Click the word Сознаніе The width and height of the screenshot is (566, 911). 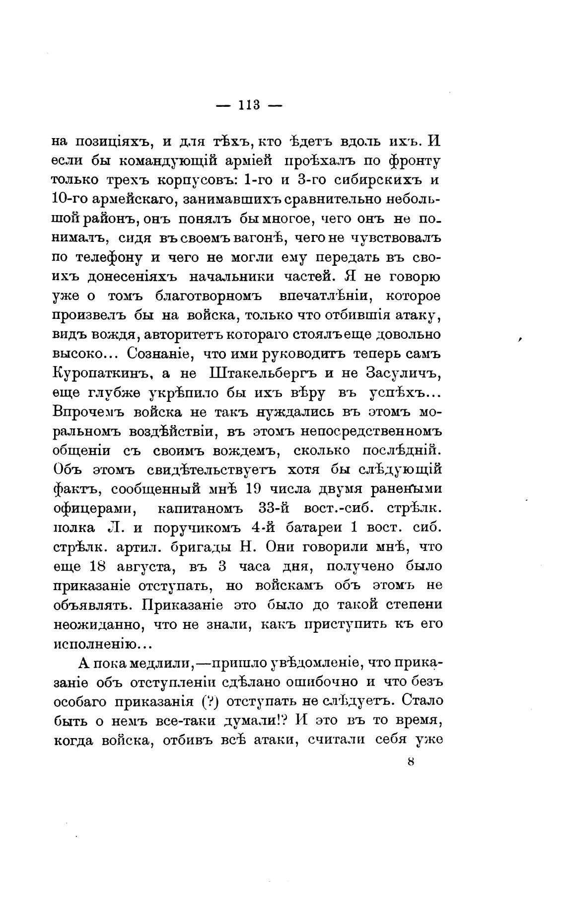[x=157, y=354]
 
